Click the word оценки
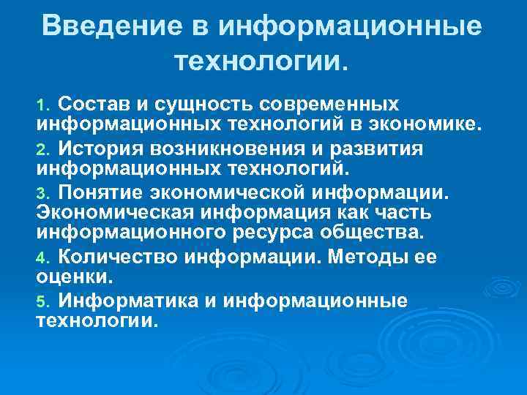[x=75, y=279]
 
